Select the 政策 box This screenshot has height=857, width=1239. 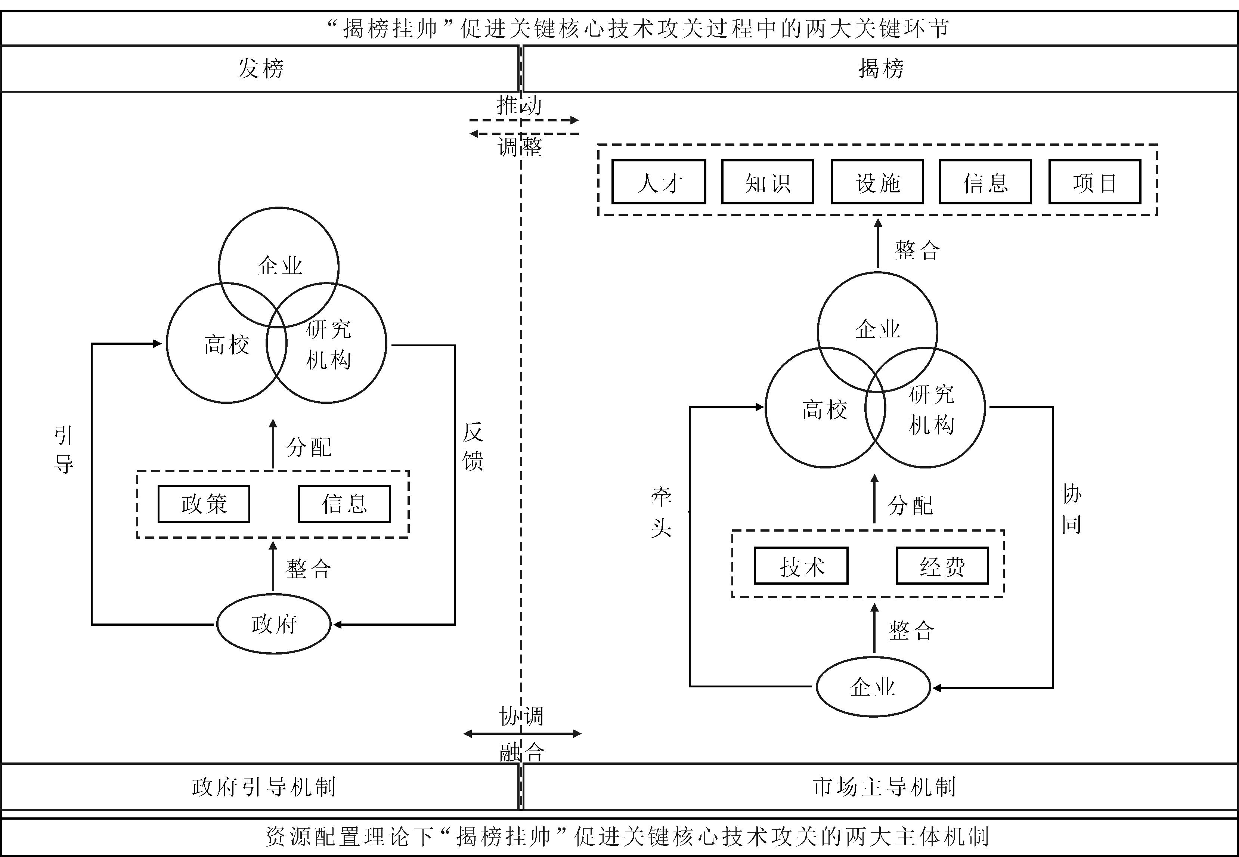(x=204, y=504)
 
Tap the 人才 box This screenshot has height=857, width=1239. (x=659, y=182)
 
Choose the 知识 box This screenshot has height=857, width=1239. (x=768, y=182)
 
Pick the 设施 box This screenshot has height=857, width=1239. (x=877, y=182)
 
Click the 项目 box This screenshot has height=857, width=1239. (x=1094, y=182)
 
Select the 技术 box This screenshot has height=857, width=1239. (x=801, y=566)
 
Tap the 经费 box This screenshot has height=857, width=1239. (x=942, y=566)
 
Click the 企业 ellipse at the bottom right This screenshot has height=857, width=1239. (x=873, y=687)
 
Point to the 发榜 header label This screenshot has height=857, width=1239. (x=261, y=68)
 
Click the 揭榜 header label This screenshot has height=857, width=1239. (x=881, y=68)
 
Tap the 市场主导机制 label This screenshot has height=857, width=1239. (x=884, y=787)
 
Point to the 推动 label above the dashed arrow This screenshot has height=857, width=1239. (x=519, y=105)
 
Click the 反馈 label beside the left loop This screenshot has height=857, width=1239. (x=473, y=446)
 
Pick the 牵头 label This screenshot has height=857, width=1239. (x=662, y=512)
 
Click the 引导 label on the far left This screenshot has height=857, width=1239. (x=64, y=449)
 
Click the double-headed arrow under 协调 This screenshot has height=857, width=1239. (x=522, y=733)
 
